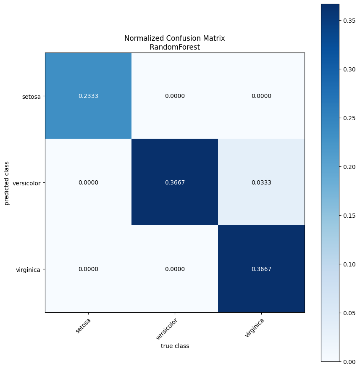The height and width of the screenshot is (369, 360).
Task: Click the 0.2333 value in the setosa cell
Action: coord(88,96)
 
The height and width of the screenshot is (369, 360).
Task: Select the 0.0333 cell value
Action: coord(261,182)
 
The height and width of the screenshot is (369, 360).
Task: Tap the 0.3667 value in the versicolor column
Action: coord(175,182)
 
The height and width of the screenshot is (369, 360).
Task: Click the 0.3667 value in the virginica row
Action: coord(261,269)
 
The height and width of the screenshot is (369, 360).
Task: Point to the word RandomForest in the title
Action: coord(175,47)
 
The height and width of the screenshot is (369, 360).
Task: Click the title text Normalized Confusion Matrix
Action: coord(175,38)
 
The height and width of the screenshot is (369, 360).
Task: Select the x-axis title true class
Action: coord(175,346)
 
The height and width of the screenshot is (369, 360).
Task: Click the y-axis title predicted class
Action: coord(7,182)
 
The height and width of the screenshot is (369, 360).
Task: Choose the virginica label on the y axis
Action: coord(28,269)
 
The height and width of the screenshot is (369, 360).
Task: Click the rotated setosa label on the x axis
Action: coord(83,326)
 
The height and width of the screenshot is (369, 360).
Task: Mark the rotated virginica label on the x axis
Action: coord(254,328)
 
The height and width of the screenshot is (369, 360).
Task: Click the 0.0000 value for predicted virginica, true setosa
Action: coord(88,269)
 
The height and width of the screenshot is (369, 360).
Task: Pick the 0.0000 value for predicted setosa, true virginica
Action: coord(261,96)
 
